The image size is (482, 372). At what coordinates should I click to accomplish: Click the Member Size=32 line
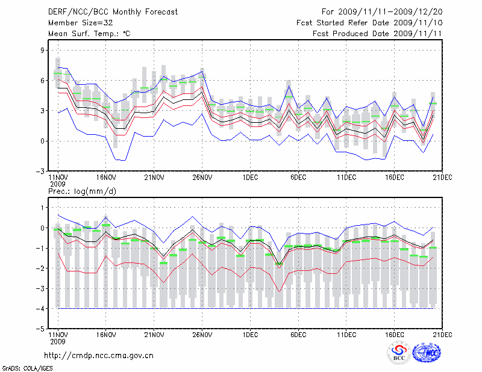76,23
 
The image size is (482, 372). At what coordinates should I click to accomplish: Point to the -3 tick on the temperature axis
42,171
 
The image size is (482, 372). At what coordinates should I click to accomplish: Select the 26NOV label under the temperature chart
202,178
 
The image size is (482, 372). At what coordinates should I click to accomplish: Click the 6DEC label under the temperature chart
299,178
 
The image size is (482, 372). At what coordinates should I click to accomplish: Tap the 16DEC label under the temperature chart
395,178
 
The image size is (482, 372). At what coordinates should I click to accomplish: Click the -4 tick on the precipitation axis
42,309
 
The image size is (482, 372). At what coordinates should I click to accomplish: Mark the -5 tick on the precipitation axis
42,329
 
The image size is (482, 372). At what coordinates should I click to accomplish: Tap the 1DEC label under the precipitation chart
251,335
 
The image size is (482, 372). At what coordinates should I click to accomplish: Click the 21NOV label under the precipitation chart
154,335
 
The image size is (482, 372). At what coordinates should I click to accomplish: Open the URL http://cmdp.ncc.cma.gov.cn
99,355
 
